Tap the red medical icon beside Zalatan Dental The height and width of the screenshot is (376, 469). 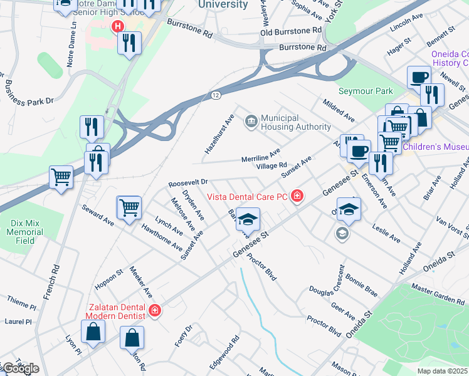point(155,310)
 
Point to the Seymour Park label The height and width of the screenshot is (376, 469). point(366,91)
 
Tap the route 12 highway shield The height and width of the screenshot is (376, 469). point(216,95)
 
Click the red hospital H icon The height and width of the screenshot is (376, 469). point(117,26)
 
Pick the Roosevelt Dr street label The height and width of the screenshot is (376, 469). point(187,183)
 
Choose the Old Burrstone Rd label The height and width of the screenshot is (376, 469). point(291,30)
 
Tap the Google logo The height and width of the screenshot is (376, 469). point(20,368)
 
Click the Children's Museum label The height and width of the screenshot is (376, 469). point(435,147)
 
